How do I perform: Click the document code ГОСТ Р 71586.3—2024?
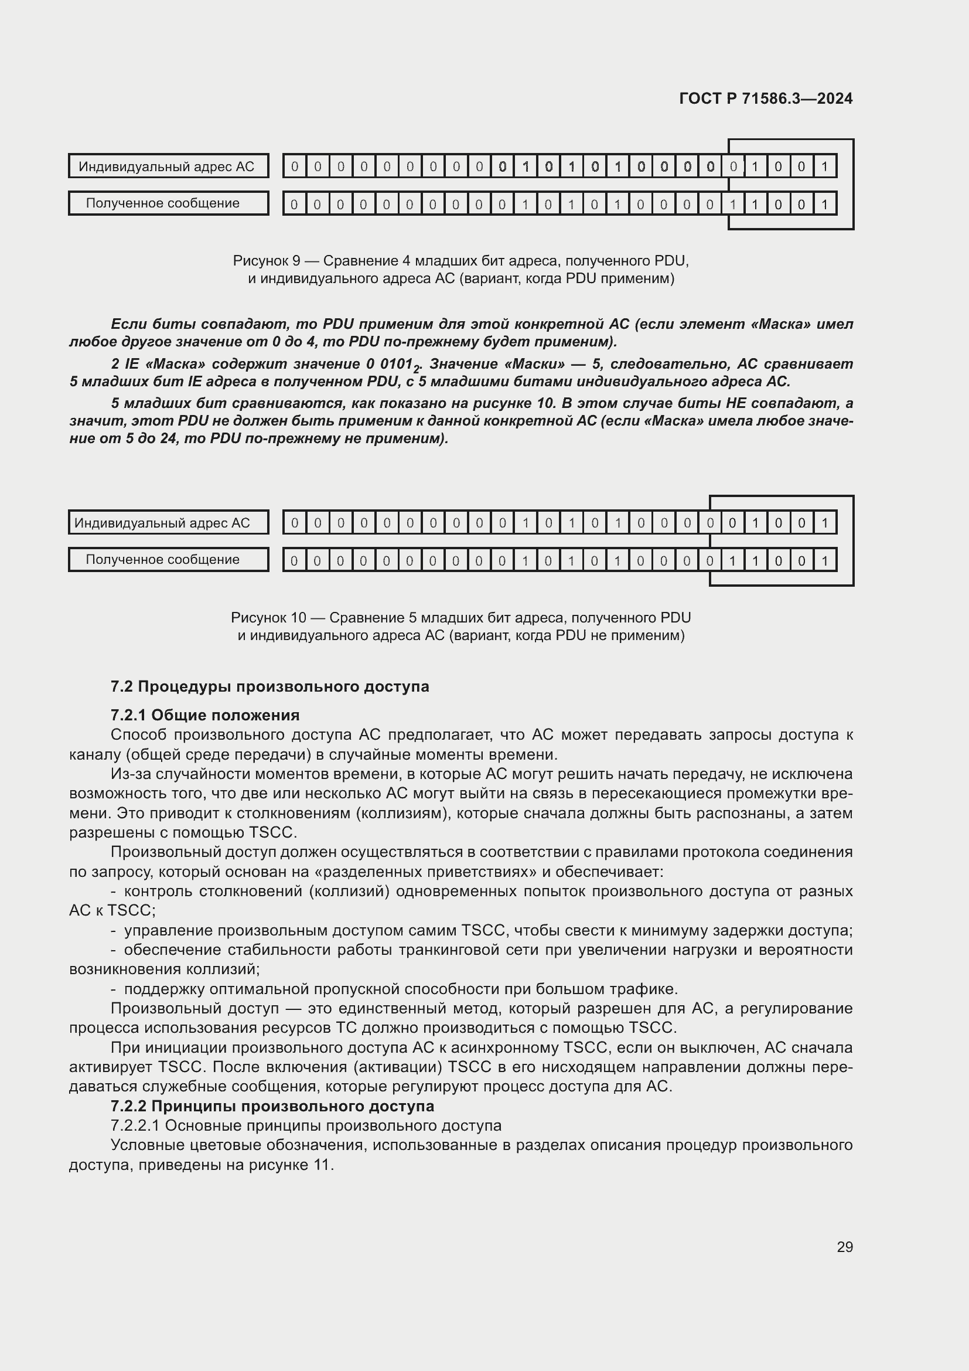(766, 98)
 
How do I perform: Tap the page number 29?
(844, 1247)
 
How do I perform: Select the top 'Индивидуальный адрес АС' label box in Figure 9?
(168, 166)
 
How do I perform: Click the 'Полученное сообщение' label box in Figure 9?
(168, 203)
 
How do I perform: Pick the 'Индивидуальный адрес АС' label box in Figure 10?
(168, 522)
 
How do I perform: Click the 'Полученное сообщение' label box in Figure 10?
(168, 560)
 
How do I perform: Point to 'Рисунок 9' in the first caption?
(266, 261)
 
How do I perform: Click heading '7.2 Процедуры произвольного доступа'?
(269, 686)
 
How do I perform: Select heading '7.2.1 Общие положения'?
(204, 715)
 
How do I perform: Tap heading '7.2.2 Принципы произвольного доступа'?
(272, 1106)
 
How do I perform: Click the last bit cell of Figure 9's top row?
(824, 166)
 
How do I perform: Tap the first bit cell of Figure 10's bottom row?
(294, 561)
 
